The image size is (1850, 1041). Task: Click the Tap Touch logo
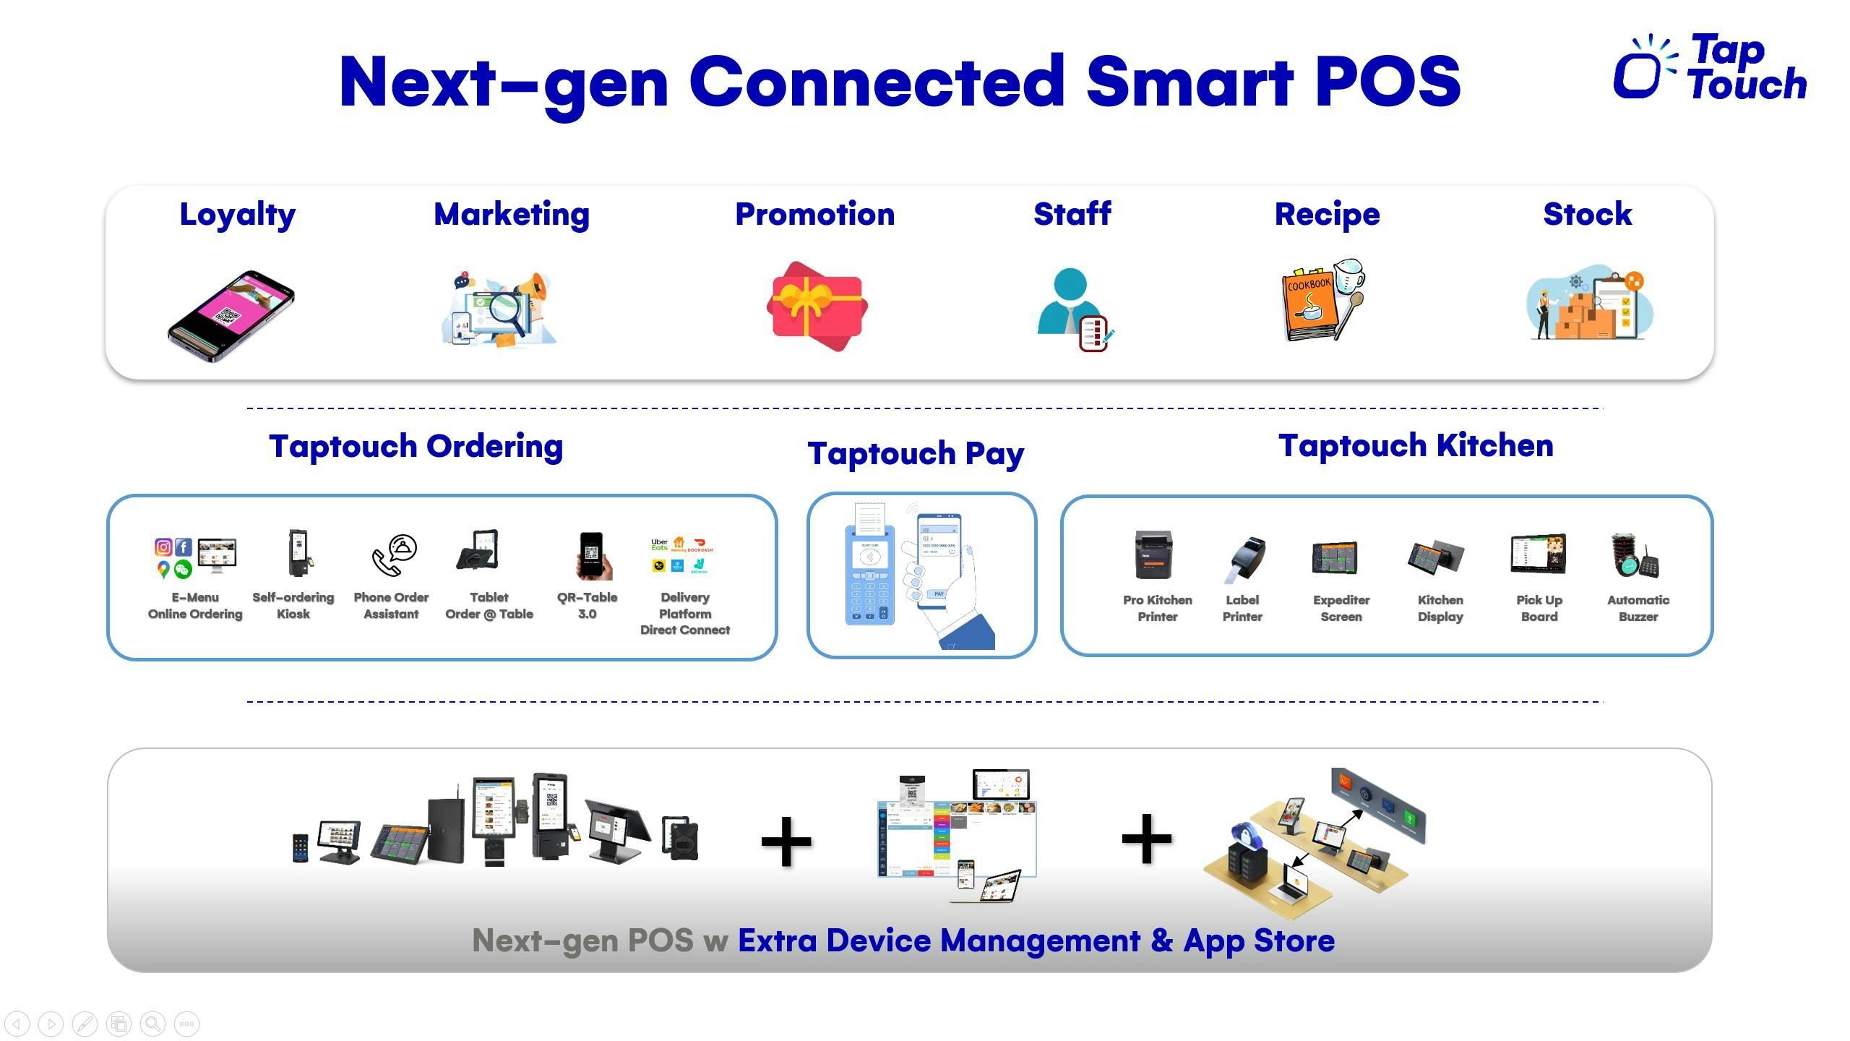pos(1710,68)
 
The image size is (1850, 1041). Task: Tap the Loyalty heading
pos(237,215)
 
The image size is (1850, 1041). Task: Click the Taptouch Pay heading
pos(915,454)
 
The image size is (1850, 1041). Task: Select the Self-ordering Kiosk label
pos(293,606)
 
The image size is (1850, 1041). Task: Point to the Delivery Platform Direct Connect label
pos(684,614)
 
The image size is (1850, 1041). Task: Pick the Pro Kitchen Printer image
pos(1153,555)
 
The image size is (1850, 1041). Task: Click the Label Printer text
pos(1242,609)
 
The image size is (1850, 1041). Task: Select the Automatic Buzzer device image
pos(1635,555)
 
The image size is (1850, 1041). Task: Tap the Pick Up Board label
pos(1539,609)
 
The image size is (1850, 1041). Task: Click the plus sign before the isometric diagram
pos(1146,839)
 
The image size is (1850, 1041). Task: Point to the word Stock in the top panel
pos(1587,215)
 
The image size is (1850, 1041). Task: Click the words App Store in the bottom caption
pos(1258,941)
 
